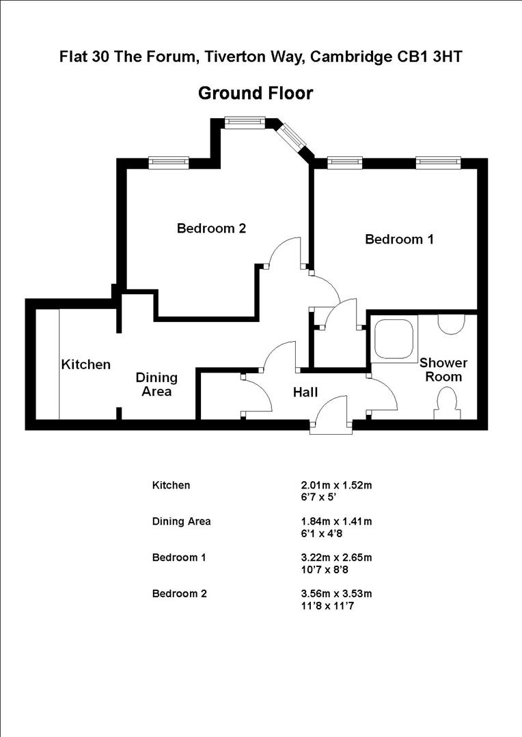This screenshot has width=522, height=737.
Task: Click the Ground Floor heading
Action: tap(256, 93)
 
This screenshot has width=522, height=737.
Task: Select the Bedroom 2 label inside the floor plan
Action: tap(211, 229)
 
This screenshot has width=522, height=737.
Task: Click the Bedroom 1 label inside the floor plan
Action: tap(399, 240)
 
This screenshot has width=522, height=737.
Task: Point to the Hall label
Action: tap(305, 392)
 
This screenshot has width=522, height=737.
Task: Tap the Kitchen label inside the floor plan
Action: tap(86, 364)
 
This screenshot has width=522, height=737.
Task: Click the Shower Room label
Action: tap(440, 369)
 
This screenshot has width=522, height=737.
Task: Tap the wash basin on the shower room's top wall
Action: tap(450, 323)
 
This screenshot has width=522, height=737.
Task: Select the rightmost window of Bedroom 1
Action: tap(438, 162)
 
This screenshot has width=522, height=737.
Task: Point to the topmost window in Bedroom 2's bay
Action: tap(244, 122)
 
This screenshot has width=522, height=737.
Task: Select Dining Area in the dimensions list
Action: tap(181, 521)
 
